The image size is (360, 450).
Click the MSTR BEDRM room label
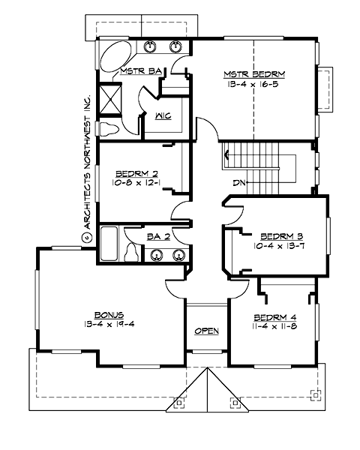pos(254,74)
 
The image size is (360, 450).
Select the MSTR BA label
pos(140,71)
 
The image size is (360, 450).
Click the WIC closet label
pos(162,116)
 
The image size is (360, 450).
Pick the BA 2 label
pos(157,236)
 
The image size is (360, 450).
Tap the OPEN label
pos(205,331)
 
